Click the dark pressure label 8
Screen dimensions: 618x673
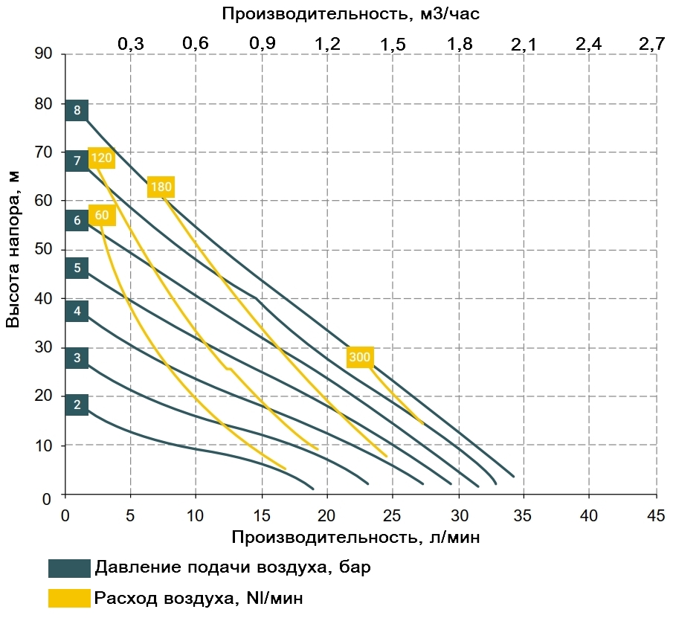click(x=77, y=111)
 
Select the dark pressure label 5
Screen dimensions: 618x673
click(x=77, y=268)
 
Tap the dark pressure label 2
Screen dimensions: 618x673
click(x=77, y=405)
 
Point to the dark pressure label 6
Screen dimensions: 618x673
click(x=77, y=220)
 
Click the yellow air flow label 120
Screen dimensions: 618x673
click(x=101, y=158)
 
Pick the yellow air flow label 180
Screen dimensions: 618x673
click(x=161, y=187)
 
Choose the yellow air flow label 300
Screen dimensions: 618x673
click(x=359, y=358)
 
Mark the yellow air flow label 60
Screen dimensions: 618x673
click(x=102, y=216)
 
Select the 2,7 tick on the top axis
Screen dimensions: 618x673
click(x=651, y=44)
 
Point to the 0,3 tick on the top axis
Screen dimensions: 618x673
click(x=130, y=44)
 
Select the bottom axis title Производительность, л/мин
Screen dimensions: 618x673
click(x=355, y=538)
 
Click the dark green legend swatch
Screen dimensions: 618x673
click(x=69, y=569)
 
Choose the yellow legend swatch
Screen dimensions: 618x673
click(x=69, y=598)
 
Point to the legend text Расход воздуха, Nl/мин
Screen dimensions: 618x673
click(x=199, y=598)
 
